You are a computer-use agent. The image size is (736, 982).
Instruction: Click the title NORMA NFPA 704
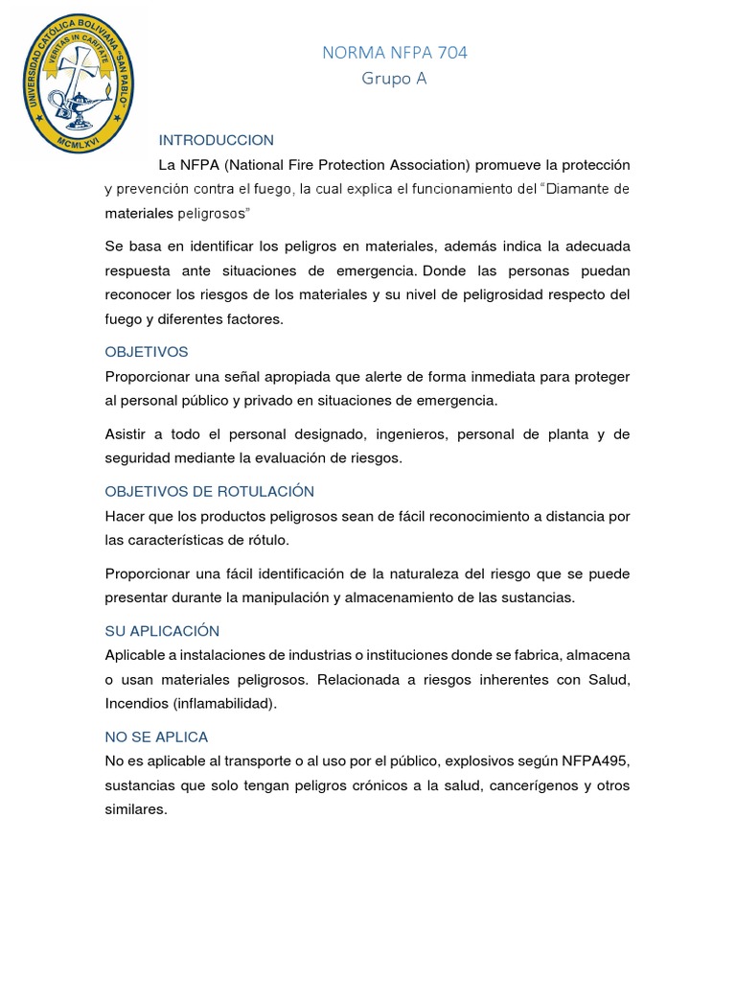coord(395,53)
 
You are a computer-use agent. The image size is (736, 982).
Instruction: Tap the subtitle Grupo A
coord(394,79)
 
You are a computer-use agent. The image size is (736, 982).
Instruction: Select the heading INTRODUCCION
coord(216,140)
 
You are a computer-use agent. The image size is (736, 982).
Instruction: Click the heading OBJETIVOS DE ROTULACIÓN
coord(209,491)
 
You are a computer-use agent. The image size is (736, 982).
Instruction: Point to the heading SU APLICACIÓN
coord(162,631)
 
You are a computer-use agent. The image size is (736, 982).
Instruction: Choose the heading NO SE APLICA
coord(156,736)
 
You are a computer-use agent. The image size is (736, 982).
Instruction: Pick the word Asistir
coord(127,434)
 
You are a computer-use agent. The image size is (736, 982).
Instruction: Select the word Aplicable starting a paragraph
coord(138,655)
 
